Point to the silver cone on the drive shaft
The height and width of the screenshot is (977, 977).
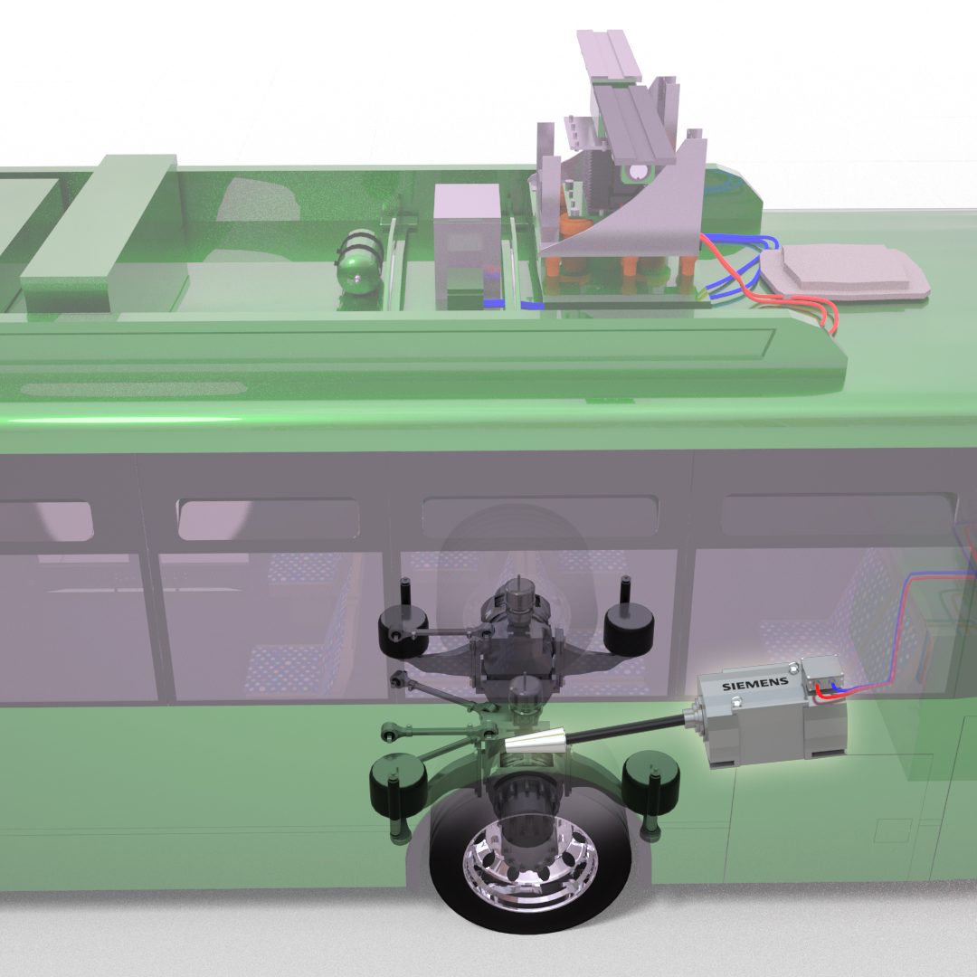541,744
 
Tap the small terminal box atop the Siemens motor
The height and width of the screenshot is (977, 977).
821,677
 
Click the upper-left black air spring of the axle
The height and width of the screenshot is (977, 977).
403,625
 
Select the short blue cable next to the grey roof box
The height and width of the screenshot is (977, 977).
492,302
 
